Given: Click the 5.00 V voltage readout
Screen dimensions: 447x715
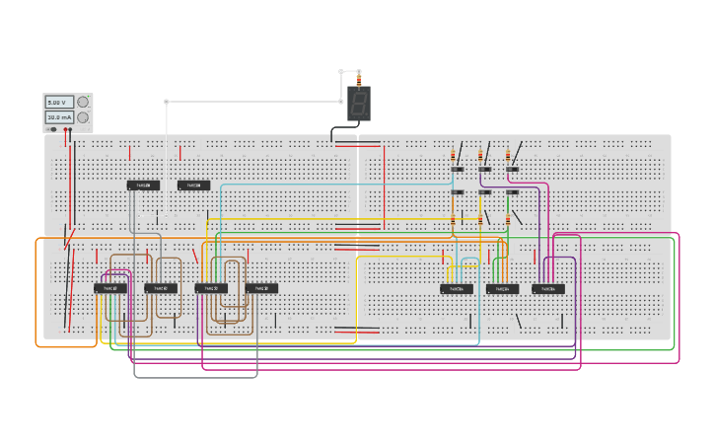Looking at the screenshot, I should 58,102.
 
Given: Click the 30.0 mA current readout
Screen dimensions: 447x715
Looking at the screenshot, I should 58,117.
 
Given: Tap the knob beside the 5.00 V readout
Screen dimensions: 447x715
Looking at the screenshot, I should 83,102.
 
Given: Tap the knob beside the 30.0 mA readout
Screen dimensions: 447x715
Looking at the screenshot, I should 83,117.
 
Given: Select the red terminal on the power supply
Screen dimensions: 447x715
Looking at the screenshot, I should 67,129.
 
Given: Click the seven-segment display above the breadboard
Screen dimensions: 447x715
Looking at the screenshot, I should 359,103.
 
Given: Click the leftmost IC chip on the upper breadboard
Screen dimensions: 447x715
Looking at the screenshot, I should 143,186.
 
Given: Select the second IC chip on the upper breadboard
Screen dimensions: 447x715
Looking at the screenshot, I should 193,186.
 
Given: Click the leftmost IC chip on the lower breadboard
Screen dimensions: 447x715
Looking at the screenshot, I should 110,288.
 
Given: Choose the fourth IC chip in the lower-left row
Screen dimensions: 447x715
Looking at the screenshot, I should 261,288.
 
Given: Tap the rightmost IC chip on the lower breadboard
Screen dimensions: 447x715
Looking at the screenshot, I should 548,289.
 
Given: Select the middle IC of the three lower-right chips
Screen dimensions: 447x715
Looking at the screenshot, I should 502,289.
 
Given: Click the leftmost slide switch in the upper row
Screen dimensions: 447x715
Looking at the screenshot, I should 458,170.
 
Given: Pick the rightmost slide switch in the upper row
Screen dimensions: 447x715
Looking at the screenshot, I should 513,170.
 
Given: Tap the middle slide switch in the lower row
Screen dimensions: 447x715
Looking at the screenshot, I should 485,192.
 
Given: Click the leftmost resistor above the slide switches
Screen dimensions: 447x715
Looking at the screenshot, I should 454,155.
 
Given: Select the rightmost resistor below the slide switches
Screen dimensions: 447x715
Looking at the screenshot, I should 509,218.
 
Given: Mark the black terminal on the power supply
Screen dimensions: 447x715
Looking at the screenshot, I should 53,129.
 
